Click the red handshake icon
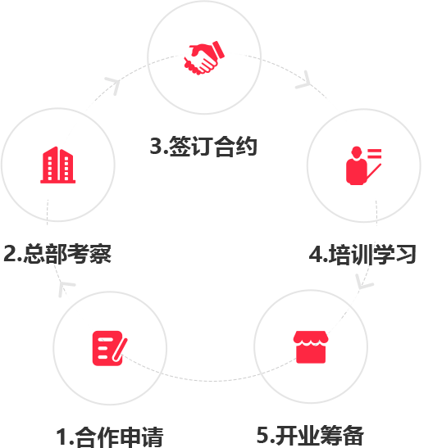click(x=204, y=57)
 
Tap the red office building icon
click(x=57, y=165)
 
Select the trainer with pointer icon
click(x=363, y=165)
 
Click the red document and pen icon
click(x=110, y=348)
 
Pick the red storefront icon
click(x=311, y=347)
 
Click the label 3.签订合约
click(x=203, y=147)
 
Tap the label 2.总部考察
click(x=57, y=253)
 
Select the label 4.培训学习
click(x=362, y=254)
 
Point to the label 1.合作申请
click(x=110, y=437)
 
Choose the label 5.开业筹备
click(x=311, y=436)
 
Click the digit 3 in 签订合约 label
click(x=156, y=147)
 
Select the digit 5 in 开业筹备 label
click(x=263, y=435)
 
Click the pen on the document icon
click(x=120, y=350)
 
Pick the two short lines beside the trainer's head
click(x=375, y=153)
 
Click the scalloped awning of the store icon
click(x=311, y=338)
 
